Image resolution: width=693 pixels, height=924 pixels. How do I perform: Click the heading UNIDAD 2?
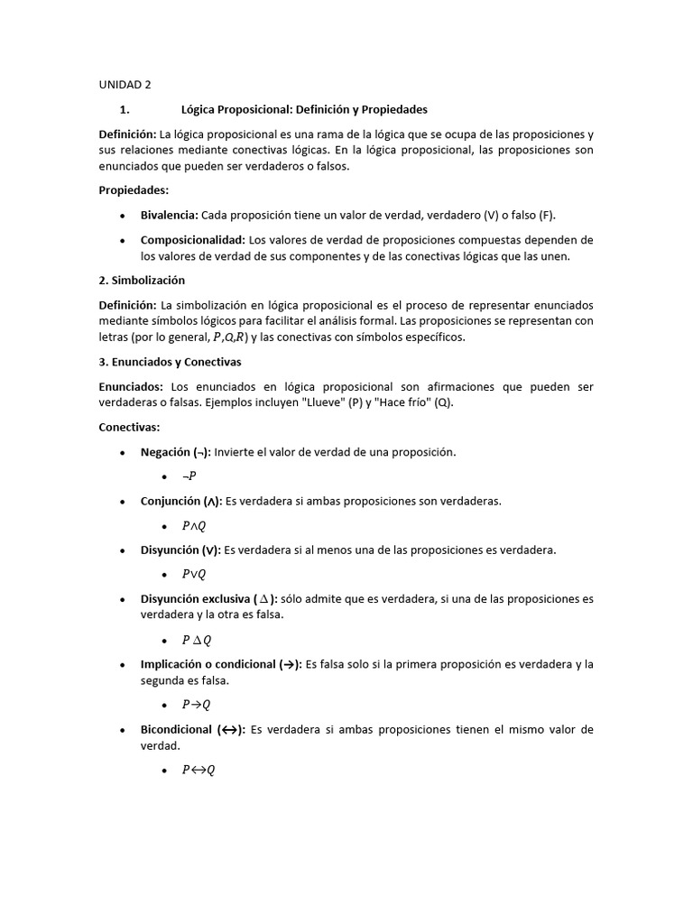125,85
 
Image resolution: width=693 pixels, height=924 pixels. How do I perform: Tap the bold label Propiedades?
134,190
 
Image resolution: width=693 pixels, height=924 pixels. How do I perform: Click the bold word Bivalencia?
170,215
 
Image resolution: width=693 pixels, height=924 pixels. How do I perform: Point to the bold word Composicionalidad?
193,239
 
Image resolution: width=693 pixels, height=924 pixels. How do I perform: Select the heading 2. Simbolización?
142,281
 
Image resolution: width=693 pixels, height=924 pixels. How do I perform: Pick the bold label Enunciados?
131,386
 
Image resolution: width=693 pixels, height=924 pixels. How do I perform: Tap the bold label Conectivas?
129,428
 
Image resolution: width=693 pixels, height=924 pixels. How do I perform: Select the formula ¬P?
189,476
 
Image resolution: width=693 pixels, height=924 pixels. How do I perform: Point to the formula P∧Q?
194,526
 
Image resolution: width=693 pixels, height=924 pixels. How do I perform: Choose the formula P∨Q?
194,574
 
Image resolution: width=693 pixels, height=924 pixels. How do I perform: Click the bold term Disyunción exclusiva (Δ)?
209,598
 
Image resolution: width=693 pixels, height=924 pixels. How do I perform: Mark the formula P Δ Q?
197,640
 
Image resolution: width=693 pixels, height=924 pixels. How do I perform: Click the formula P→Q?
196,705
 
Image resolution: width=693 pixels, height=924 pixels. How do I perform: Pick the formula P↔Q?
199,771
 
